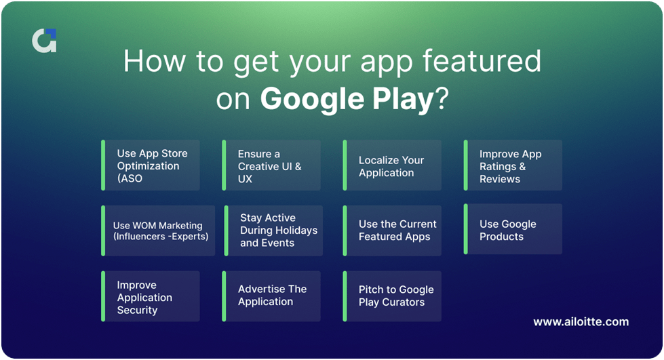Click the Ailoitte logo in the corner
(x=44, y=41)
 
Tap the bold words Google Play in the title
(x=347, y=100)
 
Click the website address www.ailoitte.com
(x=581, y=322)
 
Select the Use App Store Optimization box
(x=151, y=165)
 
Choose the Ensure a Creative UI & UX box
(x=271, y=165)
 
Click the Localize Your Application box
(x=392, y=165)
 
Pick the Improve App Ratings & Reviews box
(x=513, y=165)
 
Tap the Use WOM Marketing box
(x=159, y=231)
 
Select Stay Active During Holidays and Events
(x=273, y=231)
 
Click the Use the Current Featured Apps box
(x=392, y=231)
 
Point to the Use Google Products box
(x=513, y=230)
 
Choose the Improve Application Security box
(x=151, y=297)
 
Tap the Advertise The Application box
(x=271, y=296)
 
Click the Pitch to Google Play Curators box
(x=392, y=296)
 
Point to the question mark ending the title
(x=442, y=100)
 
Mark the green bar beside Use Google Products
(x=465, y=229)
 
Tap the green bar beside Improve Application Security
(x=103, y=296)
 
